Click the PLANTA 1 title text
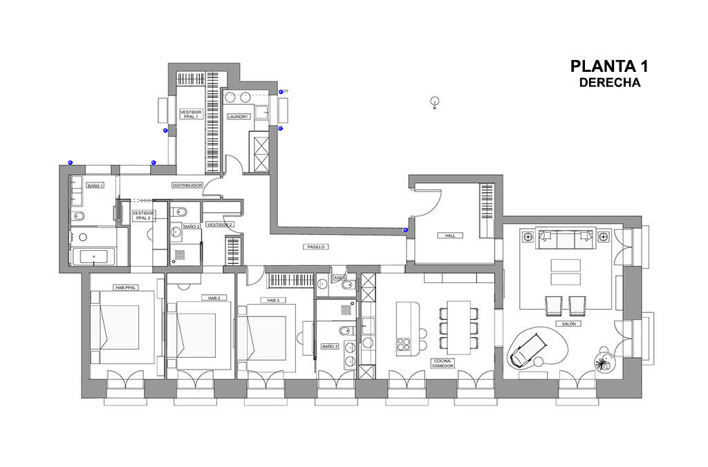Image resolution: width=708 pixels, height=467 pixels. [609, 66]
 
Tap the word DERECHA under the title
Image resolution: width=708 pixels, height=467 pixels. [610, 83]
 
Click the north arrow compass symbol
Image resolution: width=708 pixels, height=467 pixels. [435, 101]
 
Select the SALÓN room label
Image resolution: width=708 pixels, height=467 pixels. [568, 323]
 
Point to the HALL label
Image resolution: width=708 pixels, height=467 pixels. [450, 236]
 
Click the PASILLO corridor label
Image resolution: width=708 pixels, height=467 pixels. [315, 247]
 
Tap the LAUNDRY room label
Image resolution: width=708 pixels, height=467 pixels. [237, 117]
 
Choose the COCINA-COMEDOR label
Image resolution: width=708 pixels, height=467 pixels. [442, 363]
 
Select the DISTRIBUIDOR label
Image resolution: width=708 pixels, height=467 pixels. [187, 185]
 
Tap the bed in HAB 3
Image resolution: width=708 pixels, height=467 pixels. [268, 337]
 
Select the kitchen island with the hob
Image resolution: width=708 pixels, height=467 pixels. [408, 328]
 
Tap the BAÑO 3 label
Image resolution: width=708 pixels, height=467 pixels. [329, 346]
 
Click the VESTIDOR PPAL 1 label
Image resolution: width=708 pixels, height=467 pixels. [190, 114]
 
